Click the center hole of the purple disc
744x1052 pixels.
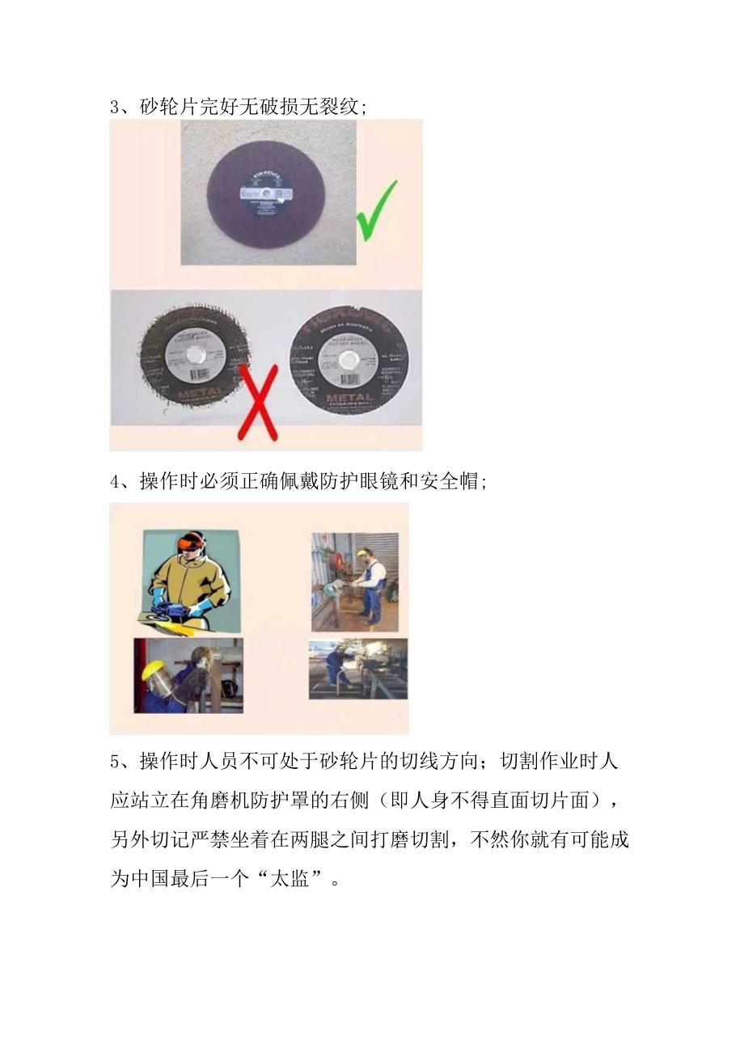tap(264, 192)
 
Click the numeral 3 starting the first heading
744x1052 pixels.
tap(115, 107)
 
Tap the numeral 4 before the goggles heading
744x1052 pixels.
tap(115, 482)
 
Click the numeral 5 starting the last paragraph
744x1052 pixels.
tap(115, 762)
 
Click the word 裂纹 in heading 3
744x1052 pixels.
tap(339, 107)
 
